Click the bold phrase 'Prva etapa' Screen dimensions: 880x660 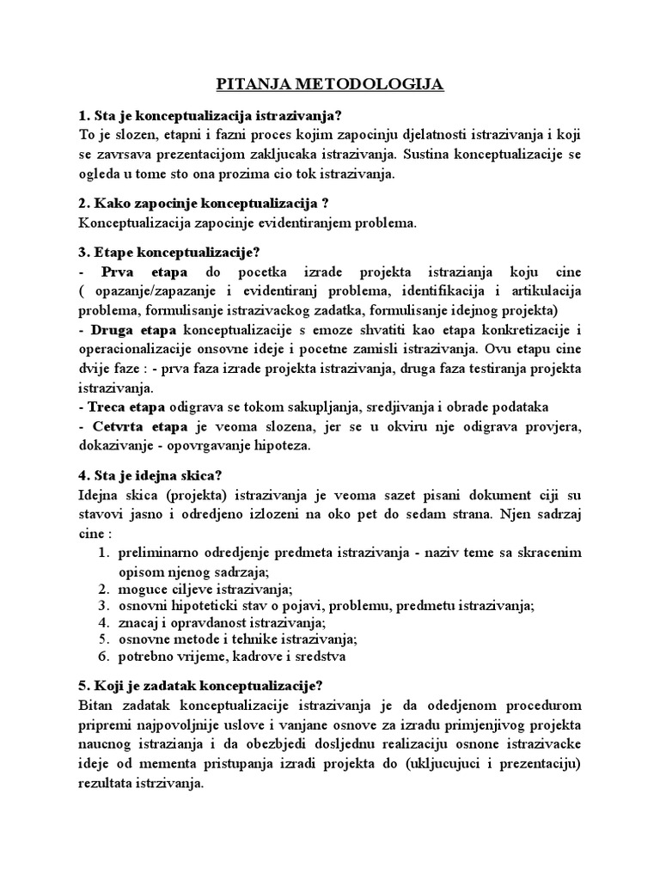tap(138, 272)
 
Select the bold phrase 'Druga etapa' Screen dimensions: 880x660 tap(133, 330)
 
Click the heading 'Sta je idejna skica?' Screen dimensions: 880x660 tap(152, 474)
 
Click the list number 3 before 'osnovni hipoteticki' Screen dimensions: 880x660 tap(102, 606)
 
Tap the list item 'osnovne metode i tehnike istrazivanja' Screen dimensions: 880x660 tap(237, 639)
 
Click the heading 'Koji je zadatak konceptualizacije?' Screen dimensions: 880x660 tap(200, 686)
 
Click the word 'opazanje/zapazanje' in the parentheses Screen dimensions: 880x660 tap(146, 291)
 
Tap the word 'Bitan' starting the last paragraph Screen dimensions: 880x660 tap(95, 706)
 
